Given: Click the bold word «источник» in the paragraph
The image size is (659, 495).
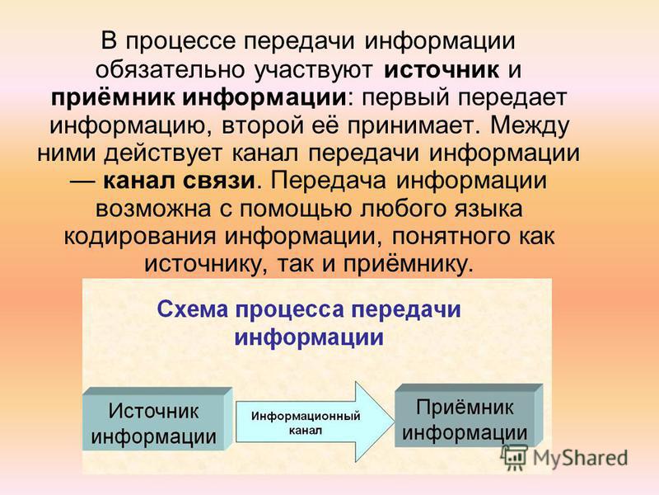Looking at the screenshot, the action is coord(442,69).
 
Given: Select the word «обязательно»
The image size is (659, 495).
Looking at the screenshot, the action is coord(171,69).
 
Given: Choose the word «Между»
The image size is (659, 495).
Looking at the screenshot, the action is coord(530,126).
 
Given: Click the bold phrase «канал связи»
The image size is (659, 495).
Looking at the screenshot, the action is coord(179,181).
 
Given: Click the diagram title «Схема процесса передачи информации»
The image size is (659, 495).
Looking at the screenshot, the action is coord(310,323).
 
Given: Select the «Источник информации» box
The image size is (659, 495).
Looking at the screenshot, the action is coord(157,419).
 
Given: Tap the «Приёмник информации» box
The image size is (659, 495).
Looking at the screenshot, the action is coord(469,415).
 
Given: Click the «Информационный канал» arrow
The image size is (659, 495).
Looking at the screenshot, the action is coord(315,422).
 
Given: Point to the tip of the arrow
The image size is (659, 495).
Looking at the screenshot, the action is coord(394,422).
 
